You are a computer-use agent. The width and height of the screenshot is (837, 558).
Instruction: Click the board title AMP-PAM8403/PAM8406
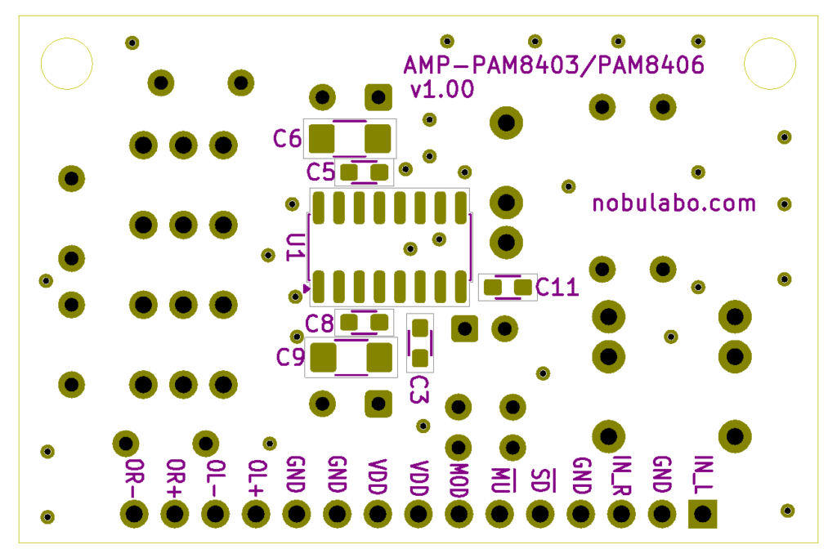[x=553, y=65]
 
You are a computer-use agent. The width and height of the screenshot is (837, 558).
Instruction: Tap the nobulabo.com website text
[x=674, y=203]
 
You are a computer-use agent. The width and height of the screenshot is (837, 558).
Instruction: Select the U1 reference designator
[x=295, y=248]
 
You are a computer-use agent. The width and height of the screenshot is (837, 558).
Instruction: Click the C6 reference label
[x=287, y=139]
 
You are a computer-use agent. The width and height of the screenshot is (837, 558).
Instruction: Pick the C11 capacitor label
[x=557, y=288]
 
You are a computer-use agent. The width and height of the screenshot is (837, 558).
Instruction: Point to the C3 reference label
[x=419, y=389]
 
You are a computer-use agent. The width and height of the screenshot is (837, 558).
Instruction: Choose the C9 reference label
[x=290, y=357]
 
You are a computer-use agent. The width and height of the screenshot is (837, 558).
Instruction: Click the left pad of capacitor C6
[x=322, y=139]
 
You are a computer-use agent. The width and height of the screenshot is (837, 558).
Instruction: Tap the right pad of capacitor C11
[x=522, y=288]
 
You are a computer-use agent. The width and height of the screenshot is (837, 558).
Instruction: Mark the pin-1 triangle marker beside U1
[x=307, y=288]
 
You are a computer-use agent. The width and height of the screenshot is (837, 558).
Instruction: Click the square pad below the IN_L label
[x=702, y=514]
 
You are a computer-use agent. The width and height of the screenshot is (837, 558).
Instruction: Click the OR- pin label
[x=134, y=478]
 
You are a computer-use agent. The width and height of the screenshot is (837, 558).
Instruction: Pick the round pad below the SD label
[x=540, y=514]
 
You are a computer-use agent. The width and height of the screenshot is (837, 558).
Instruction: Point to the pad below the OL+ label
[x=256, y=514]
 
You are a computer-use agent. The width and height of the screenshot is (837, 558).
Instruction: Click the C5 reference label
[x=320, y=172]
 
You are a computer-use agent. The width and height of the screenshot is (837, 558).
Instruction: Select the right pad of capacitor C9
[x=379, y=357]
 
